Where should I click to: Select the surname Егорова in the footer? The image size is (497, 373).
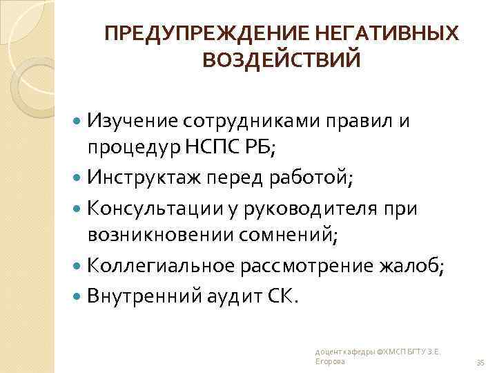click(329, 361)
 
